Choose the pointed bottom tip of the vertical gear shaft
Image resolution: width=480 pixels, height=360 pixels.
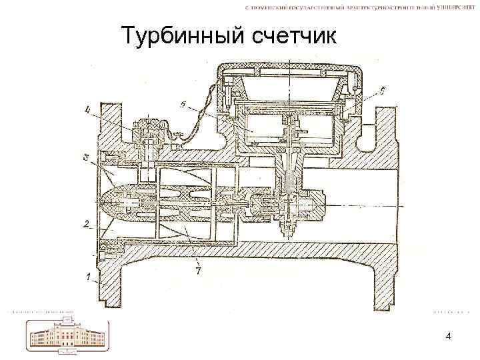288,235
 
